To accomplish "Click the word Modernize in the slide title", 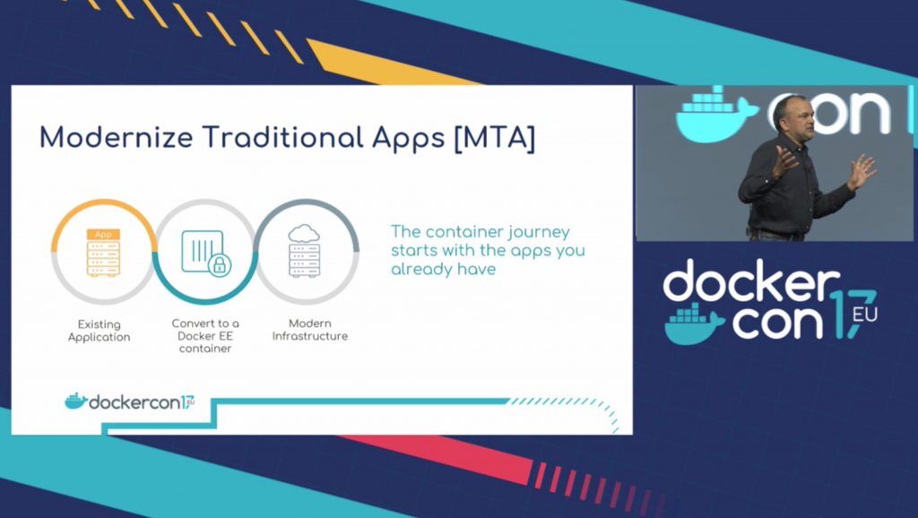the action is [116, 138].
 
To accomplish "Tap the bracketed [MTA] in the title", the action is [494, 138].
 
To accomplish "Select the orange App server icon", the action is [103, 252].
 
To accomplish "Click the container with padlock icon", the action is [206, 252].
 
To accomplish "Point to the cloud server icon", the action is [305, 251].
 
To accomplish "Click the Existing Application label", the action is [99, 330].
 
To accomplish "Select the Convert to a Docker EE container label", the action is [205, 335].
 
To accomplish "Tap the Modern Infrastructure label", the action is [309, 330].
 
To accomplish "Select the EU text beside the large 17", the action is [865, 315].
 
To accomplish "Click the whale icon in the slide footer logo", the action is [76, 401].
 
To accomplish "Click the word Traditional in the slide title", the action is [284, 137].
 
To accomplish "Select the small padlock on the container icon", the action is [220, 265].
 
